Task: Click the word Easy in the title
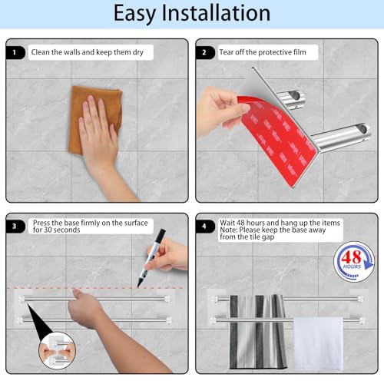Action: pos(134,14)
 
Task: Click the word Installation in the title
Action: pos(216,12)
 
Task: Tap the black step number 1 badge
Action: pos(15,52)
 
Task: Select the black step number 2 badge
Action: pos(205,52)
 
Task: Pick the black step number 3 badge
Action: pos(15,227)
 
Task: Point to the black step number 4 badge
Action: pos(205,227)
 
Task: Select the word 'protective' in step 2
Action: pos(274,52)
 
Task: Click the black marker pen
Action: pos(151,257)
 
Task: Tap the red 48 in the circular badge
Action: pos(351,257)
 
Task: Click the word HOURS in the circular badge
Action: pos(352,266)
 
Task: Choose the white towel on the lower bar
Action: pos(319,344)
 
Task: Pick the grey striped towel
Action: pos(258,332)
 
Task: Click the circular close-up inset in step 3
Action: pos(57,350)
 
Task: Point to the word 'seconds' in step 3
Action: pos(66,230)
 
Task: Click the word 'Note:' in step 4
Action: pos(229,230)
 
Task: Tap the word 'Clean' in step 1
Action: pos(41,52)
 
